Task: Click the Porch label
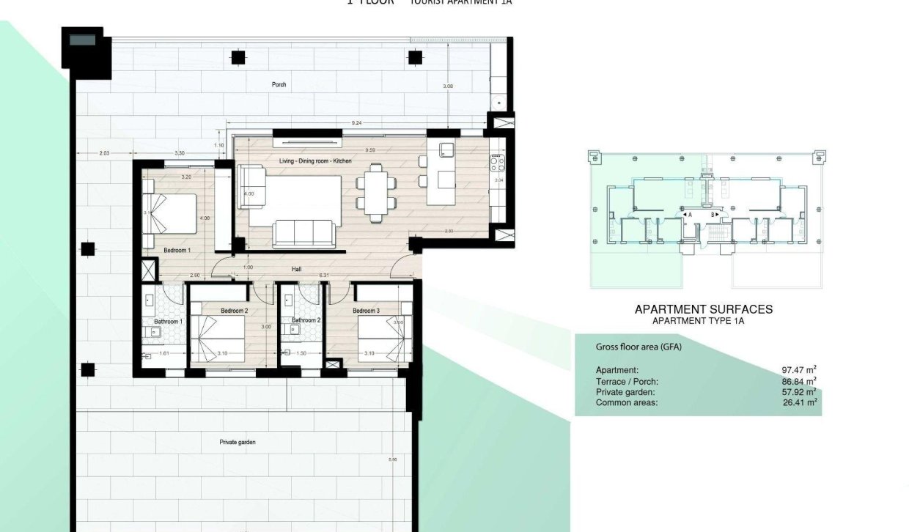coord(279,85)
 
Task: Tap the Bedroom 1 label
coord(177,251)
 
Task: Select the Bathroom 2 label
coord(306,320)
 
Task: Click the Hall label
coord(296,270)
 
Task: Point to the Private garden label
coord(237,443)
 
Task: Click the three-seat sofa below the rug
coord(303,234)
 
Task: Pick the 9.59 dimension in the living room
coord(362,150)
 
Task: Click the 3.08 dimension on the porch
coord(449,86)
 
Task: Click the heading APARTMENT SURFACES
coord(703,309)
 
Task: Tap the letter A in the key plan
coord(690,215)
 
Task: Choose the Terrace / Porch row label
coord(627,381)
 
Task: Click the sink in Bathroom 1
coord(156,332)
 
